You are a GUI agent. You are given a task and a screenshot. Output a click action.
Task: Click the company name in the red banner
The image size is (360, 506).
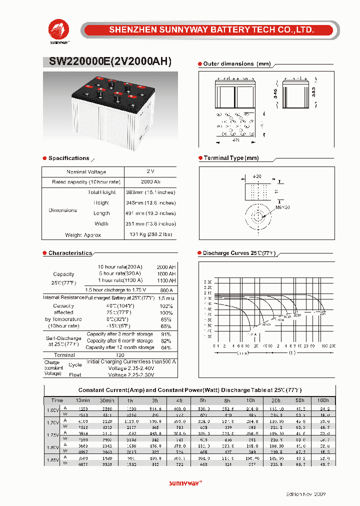tap(211, 30)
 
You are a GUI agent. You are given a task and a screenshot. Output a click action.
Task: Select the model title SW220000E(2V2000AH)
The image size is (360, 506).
tap(110, 62)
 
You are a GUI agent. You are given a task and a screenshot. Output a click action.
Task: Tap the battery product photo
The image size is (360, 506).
tap(110, 104)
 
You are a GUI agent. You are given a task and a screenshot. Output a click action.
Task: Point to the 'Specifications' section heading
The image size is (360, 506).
tap(68, 158)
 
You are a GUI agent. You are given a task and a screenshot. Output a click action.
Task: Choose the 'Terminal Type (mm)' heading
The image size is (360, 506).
tap(231, 158)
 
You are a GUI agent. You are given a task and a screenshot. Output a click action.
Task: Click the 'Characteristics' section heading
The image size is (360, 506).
tap(70, 253)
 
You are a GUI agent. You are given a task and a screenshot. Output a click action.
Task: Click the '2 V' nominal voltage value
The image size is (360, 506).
tap(150, 171)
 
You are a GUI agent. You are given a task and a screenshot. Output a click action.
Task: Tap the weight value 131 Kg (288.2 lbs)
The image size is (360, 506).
tap(150, 234)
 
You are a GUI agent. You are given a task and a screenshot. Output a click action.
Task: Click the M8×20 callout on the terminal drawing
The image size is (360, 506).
tap(282, 206)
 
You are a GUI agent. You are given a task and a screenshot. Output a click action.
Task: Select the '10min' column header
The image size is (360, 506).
tap(82, 400)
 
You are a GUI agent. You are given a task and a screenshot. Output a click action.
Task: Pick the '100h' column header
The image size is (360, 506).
tap(323, 400)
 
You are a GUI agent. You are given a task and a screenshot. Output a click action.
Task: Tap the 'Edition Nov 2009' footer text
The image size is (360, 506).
tap(305, 494)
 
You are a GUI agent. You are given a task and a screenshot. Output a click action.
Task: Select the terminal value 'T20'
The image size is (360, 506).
tap(120, 355)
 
